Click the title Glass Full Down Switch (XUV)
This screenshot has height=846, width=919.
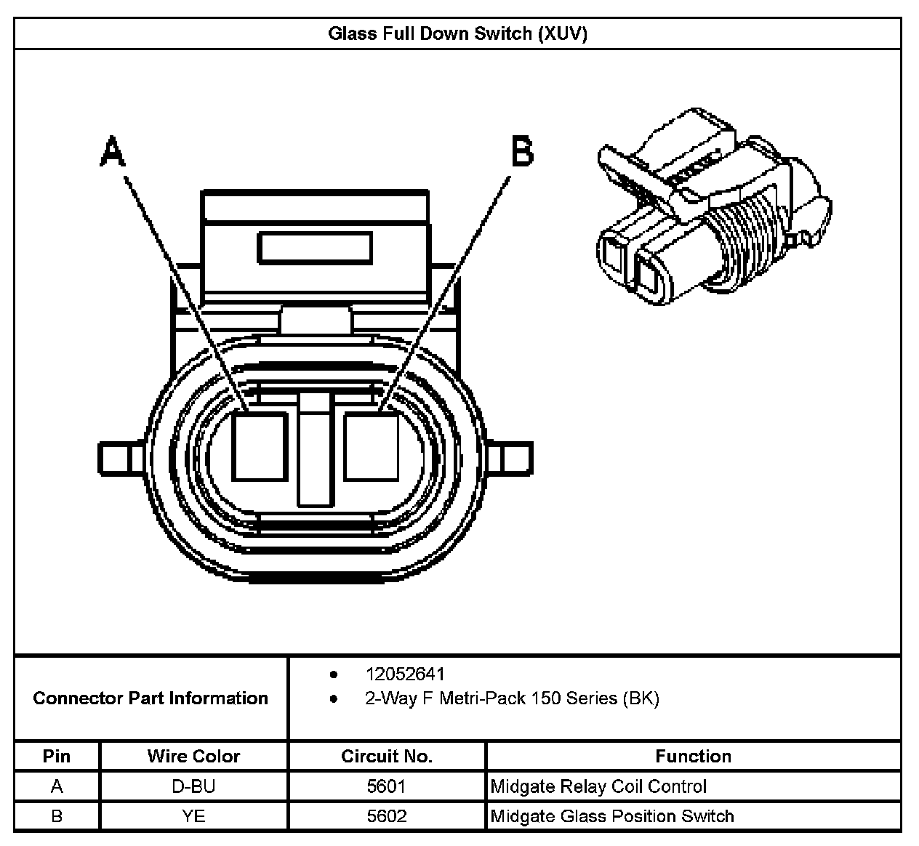pyautogui.click(x=457, y=34)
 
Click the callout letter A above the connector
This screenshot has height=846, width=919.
pyautogui.click(x=113, y=151)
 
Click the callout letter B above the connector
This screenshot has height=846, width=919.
pyautogui.click(x=522, y=151)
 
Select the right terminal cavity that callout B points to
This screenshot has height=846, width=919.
pyautogui.click(x=371, y=446)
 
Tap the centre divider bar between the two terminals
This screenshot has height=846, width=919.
pyautogui.click(x=316, y=451)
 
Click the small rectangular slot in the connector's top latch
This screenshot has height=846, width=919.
pyautogui.click(x=315, y=248)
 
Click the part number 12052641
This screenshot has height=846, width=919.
pyautogui.click(x=405, y=674)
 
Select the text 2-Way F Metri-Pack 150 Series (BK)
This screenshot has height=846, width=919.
pyautogui.click(x=512, y=698)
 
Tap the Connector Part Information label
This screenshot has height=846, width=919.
pyautogui.click(x=151, y=698)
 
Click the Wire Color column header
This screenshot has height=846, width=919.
pyautogui.click(x=193, y=757)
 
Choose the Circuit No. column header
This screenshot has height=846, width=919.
pyautogui.click(x=387, y=757)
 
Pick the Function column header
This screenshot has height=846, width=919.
pyautogui.click(x=693, y=757)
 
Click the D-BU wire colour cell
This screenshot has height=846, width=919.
pyautogui.click(x=193, y=786)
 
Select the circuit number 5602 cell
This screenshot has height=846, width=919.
pyautogui.click(x=387, y=816)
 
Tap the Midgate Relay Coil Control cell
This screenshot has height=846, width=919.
pyautogui.click(x=598, y=786)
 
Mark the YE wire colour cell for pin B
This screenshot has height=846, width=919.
pyautogui.click(x=193, y=816)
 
